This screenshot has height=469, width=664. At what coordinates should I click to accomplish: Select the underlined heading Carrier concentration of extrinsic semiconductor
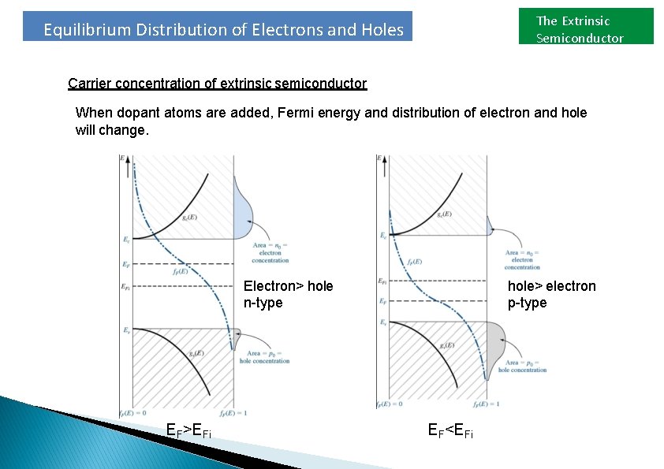pyautogui.click(x=218, y=84)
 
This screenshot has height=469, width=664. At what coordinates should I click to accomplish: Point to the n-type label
pyautogui.click(x=263, y=303)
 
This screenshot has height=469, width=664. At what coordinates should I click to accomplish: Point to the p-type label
pyautogui.click(x=527, y=303)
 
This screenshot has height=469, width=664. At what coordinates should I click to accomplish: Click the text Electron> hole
pyautogui.click(x=288, y=286)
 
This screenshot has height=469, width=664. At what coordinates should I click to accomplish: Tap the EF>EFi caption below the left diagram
pyautogui.click(x=188, y=430)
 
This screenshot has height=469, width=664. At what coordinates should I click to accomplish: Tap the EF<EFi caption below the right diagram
pyautogui.click(x=450, y=430)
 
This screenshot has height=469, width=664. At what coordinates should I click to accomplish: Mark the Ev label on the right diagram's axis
pyautogui.click(x=383, y=322)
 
